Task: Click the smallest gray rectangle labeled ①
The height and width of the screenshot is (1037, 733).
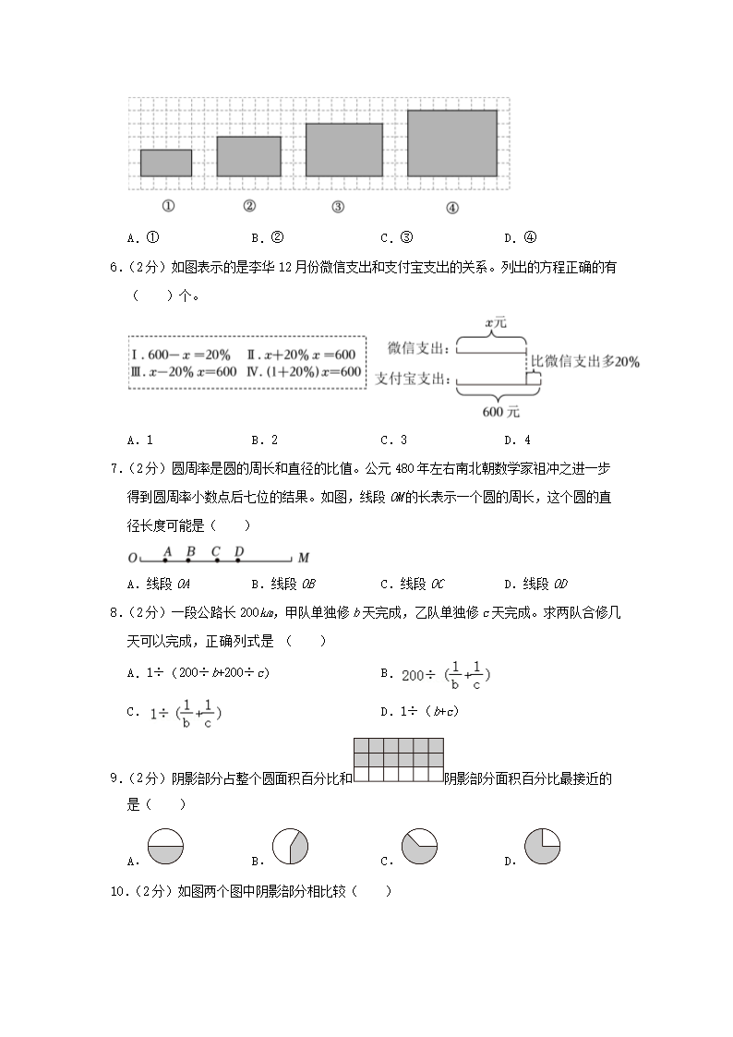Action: (x=166, y=163)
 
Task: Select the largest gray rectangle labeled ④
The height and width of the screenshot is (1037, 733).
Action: (x=452, y=142)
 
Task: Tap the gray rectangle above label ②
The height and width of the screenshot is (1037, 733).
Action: (x=248, y=156)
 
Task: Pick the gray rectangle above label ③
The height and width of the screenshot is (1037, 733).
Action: (x=344, y=150)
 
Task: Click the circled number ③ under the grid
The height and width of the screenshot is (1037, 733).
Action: (x=337, y=207)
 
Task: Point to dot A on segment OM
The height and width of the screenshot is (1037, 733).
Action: (x=166, y=559)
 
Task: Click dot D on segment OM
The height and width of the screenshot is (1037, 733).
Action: (x=238, y=559)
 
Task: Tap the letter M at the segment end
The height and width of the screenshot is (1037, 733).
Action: (x=304, y=559)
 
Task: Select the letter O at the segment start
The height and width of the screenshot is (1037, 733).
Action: (x=132, y=559)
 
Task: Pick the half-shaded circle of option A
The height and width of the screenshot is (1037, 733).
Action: (x=165, y=847)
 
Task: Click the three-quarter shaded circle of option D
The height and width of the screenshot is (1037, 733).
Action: (x=542, y=847)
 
